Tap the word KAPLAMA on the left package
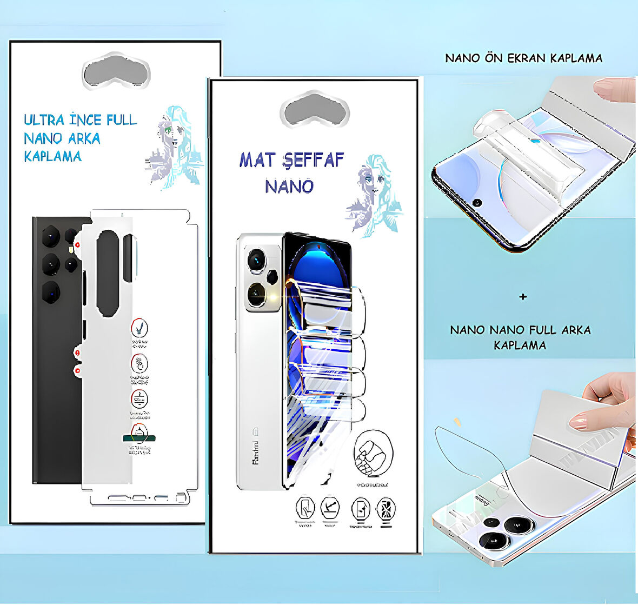coord(53,157)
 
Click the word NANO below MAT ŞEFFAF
coord(289,187)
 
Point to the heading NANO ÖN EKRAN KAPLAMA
coord(523,58)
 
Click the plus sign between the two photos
coord(522,297)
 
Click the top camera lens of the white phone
coord(256,261)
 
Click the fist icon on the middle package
coord(373,453)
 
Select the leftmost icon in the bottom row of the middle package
coord(305,509)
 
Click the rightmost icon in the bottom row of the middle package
coord(386,509)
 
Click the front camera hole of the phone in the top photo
coord(477,203)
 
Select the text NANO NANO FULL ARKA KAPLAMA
coord(520,337)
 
